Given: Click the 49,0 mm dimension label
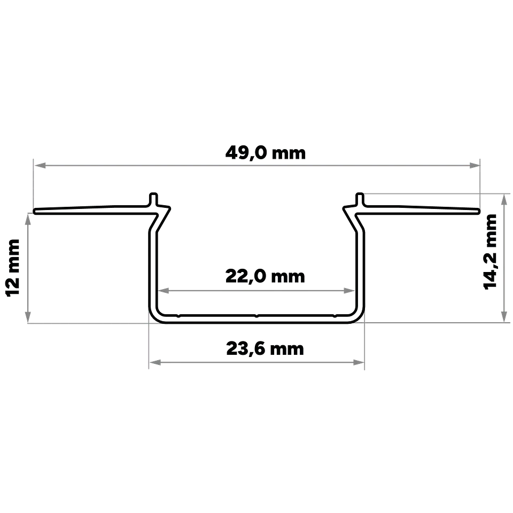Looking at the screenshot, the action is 266,153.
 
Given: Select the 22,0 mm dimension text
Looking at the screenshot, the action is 265,277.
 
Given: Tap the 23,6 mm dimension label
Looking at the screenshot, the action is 265,349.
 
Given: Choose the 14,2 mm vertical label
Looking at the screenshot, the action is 490,252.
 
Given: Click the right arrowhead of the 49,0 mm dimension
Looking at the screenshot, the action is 474,166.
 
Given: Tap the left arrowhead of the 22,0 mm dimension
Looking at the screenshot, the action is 164,291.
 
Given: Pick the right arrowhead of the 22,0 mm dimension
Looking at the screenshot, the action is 349,291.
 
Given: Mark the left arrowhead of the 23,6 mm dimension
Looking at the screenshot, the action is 155,362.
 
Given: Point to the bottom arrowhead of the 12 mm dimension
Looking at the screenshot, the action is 28,317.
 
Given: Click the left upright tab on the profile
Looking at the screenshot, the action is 153,199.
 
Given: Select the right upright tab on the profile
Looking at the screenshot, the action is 360,199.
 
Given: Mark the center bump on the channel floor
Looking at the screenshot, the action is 256,316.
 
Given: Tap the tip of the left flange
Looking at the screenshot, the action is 35,211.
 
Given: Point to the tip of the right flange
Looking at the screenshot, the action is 479,211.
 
